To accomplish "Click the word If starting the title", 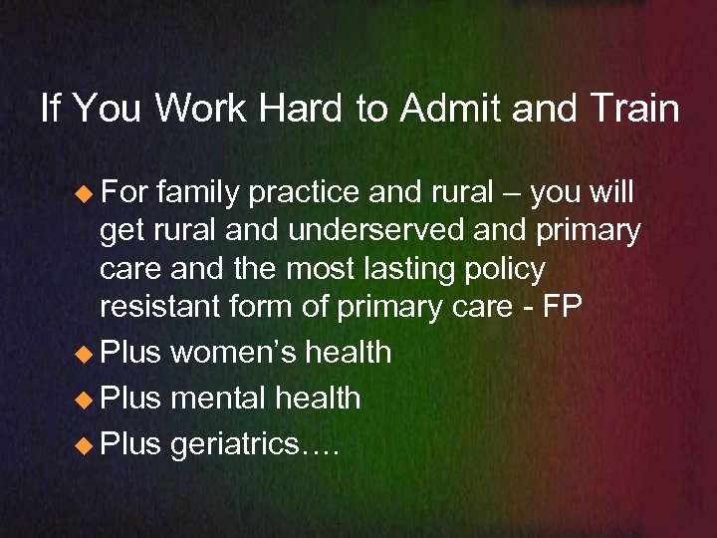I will (52, 109).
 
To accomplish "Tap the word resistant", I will (160, 308).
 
